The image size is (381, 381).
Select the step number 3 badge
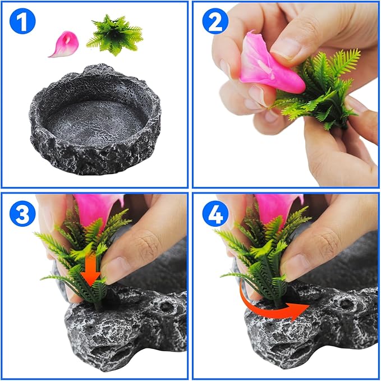(x=22, y=215)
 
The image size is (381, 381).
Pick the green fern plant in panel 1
(x=115, y=35)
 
